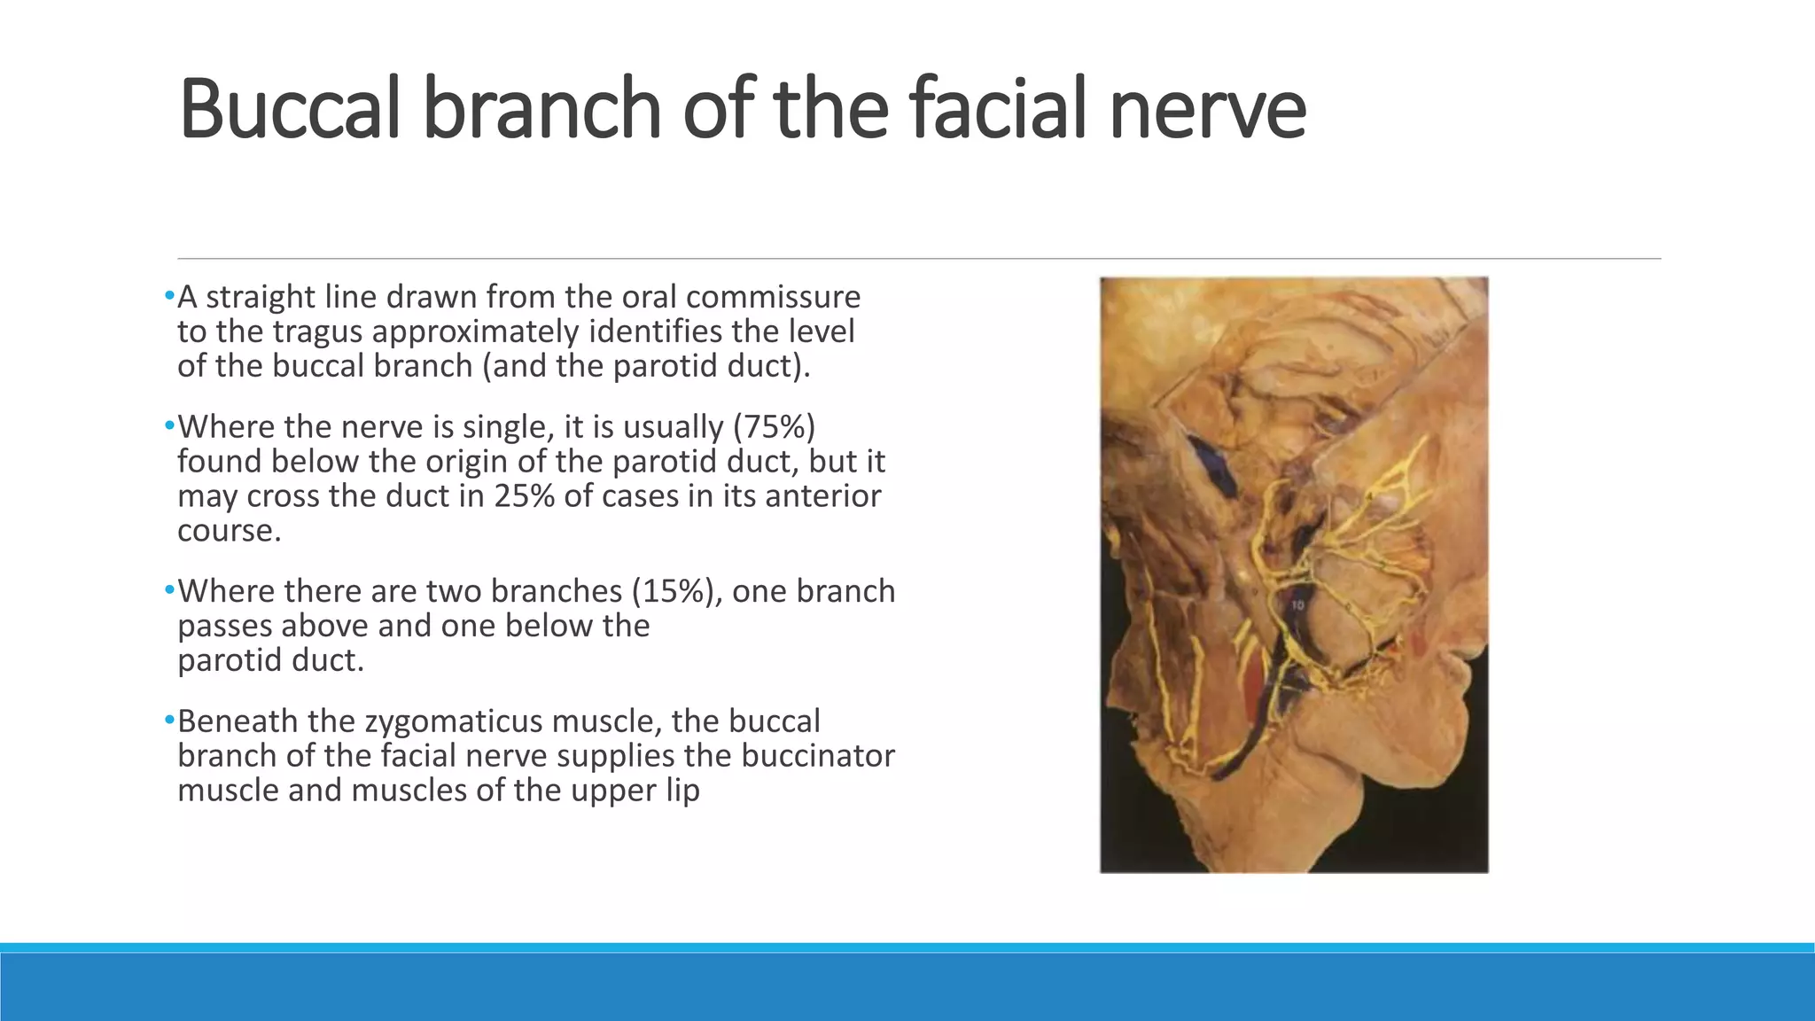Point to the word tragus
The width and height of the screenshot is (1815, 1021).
click(x=316, y=331)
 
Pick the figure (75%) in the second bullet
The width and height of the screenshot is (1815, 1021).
click(x=774, y=427)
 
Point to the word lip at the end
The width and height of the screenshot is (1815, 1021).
click(x=683, y=791)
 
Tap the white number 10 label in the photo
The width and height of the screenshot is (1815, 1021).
click(x=1297, y=605)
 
